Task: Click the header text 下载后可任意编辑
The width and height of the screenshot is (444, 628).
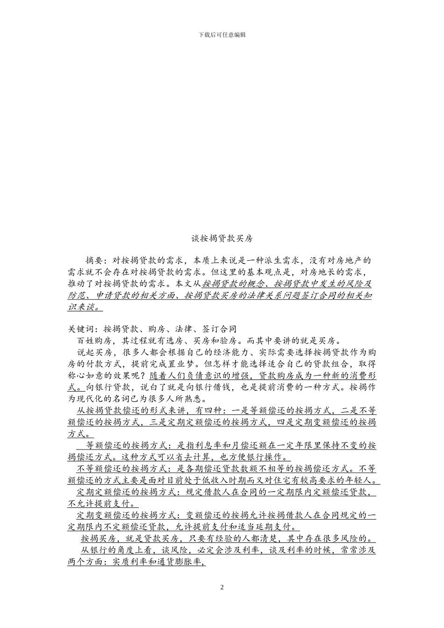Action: (x=222, y=35)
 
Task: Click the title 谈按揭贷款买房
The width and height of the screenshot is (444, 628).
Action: (x=222, y=238)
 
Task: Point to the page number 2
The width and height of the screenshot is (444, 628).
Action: (x=222, y=587)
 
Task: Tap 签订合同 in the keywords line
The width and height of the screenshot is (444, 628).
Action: (x=219, y=329)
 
